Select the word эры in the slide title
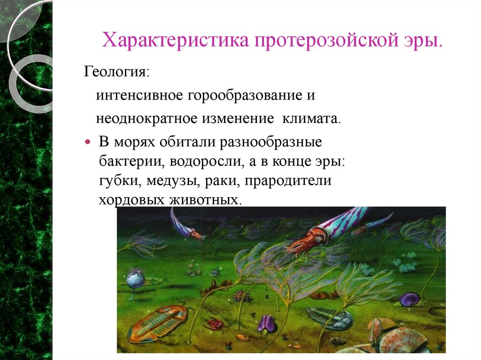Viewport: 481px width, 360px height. click(x=425, y=41)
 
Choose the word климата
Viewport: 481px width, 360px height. click(x=310, y=117)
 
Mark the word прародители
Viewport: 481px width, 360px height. click(x=291, y=181)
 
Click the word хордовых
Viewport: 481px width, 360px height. click(x=130, y=199)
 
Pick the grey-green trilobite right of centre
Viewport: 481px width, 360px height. click(x=329, y=316)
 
